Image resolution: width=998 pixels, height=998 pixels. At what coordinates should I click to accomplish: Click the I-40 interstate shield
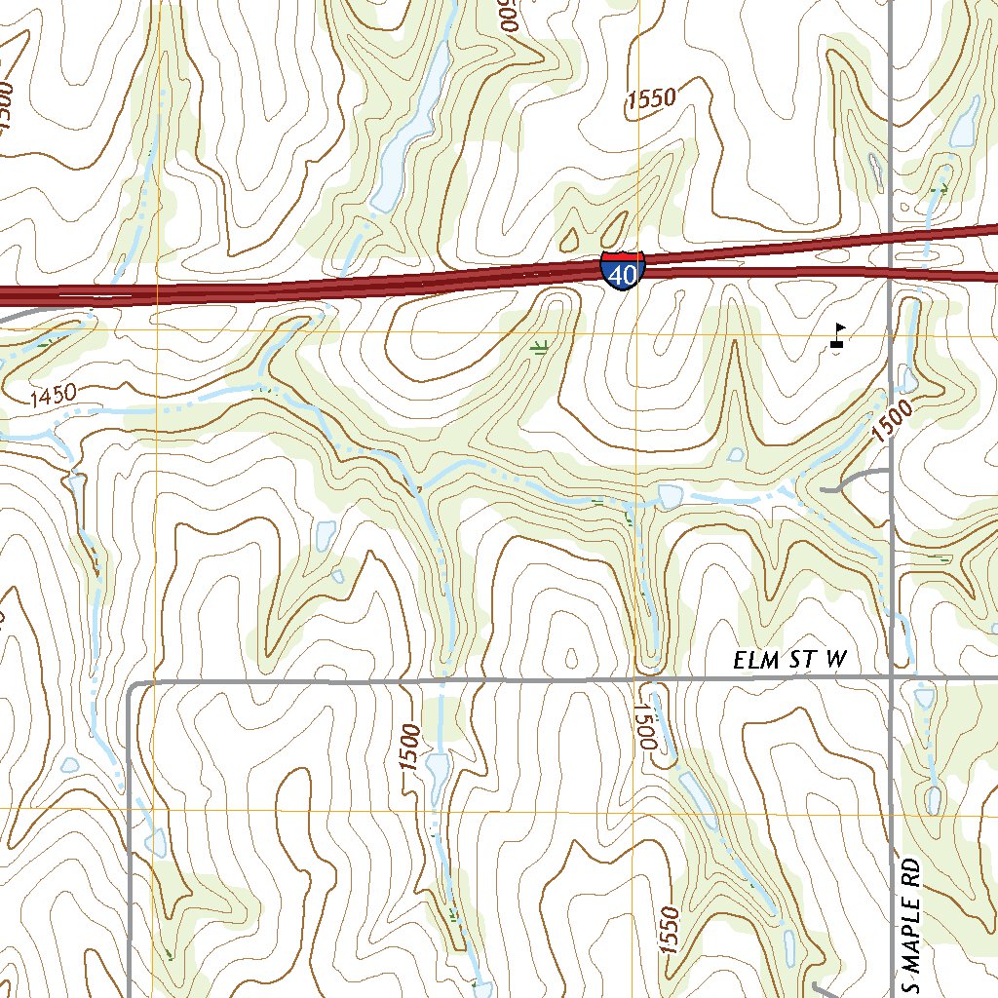[x=622, y=270]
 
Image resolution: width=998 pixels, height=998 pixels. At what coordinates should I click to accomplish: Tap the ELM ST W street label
[x=790, y=660]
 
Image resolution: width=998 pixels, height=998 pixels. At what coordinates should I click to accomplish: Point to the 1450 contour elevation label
[x=53, y=395]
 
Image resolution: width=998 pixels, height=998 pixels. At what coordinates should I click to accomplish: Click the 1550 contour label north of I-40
[x=651, y=97]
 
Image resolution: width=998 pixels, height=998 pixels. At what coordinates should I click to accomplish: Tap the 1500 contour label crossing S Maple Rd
[x=894, y=422]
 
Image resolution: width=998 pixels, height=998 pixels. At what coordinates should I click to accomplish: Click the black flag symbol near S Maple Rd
[x=838, y=335]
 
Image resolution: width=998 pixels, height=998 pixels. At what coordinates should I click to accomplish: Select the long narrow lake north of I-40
[x=409, y=127]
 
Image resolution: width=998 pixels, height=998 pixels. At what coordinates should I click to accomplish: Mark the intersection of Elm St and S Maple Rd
[x=892, y=674]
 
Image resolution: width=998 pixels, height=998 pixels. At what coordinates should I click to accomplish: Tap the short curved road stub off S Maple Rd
[x=853, y=480]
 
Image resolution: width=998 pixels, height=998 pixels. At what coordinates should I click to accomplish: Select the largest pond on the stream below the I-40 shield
[x=671, y=496]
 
